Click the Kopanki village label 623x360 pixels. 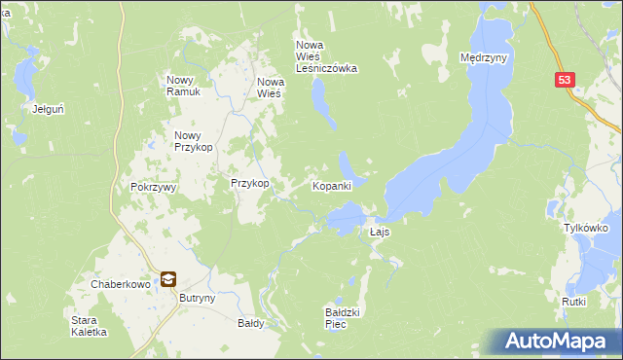[331, 185]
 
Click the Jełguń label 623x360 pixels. [48, 109]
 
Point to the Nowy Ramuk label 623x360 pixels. [183, 86]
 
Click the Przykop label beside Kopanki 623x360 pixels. [249, 183]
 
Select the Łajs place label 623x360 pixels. [381, 233]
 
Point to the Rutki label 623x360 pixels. [573, 302]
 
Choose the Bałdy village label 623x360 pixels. [251, 323]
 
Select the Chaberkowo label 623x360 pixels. [117, 283]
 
